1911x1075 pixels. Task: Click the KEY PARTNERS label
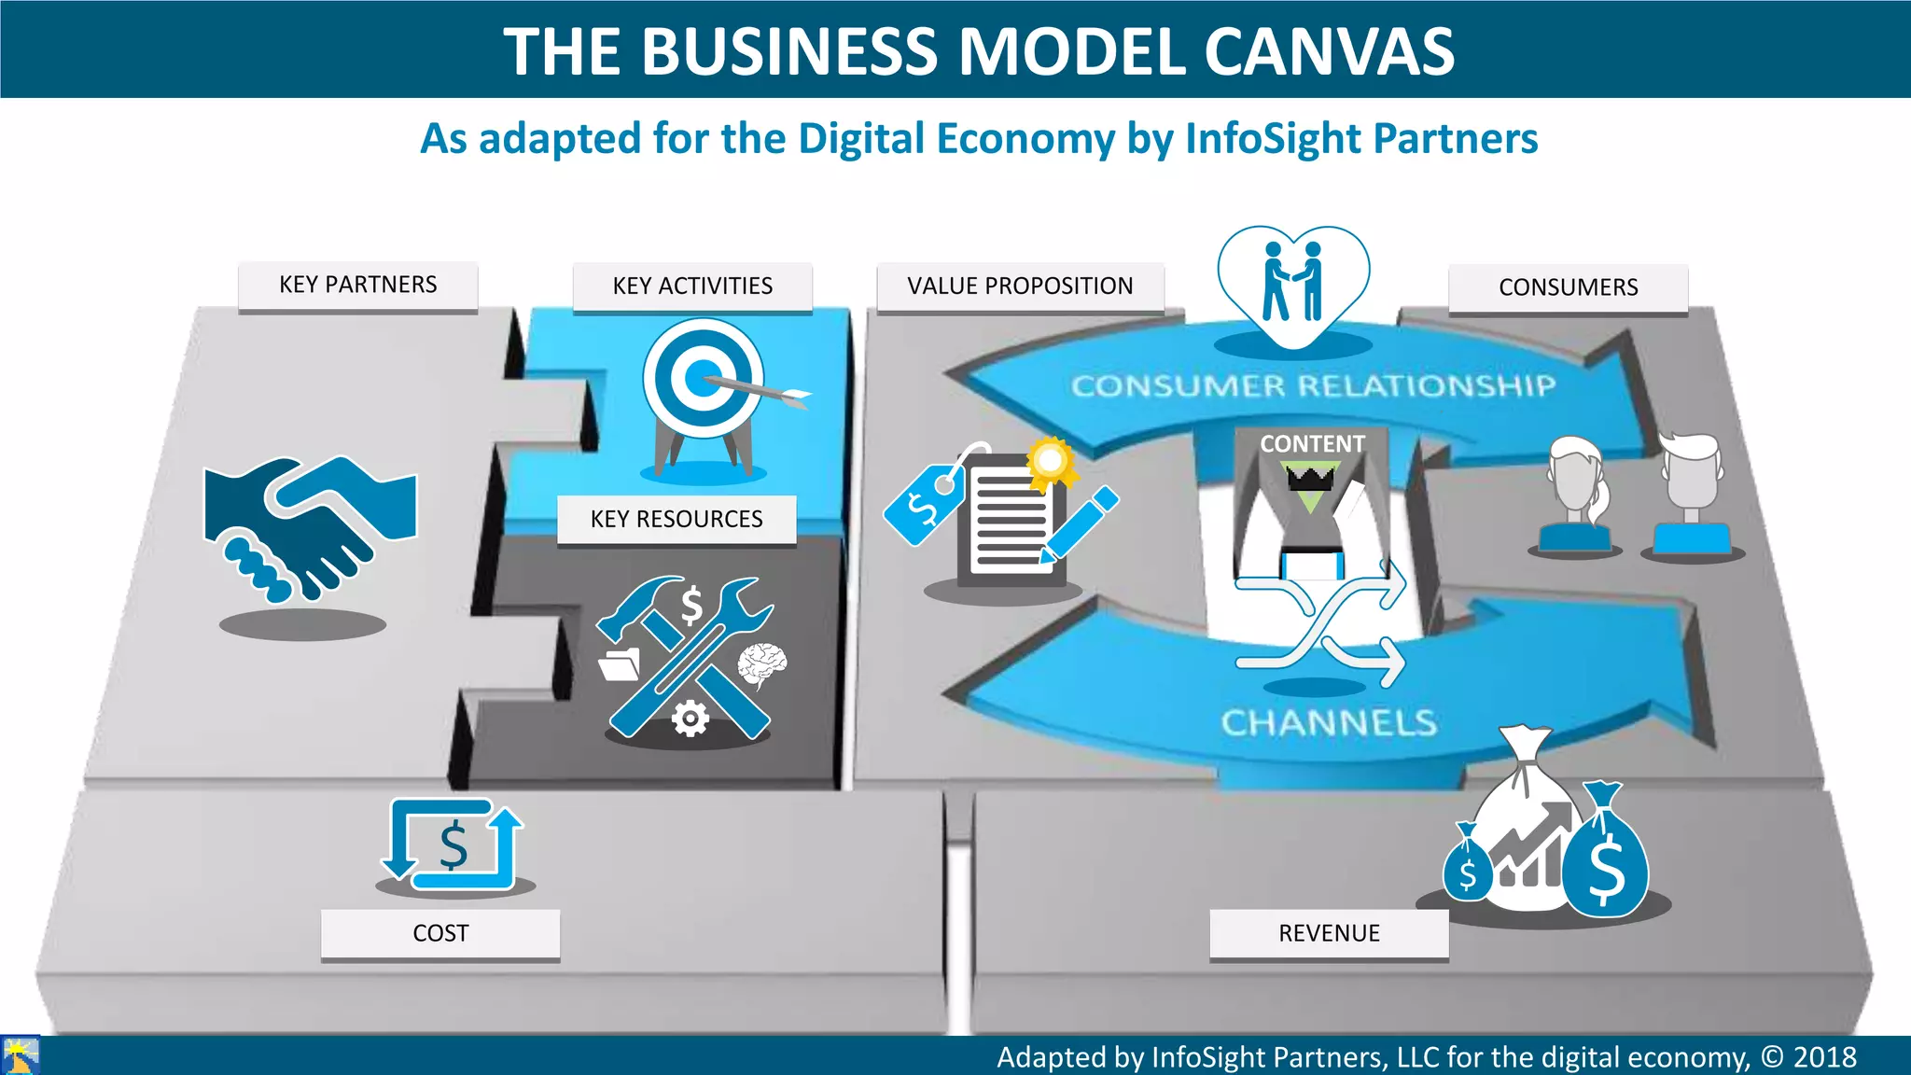tap(357, 286)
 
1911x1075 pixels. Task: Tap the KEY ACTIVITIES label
tap(692, 286)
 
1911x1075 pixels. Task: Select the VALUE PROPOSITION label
tap(1020, 286)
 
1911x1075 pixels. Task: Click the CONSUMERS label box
tap(1568, 288)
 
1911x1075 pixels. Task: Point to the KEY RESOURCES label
tap(677, 519)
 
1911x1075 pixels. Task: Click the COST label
tap(440, 933)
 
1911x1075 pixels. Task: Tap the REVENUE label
tap(1329, 933)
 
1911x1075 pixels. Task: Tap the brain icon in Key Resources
tap(762, 664)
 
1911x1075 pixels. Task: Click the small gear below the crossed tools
tap(690, 719)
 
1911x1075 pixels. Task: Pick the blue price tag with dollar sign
tap(924, 504)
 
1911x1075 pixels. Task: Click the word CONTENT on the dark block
tap(1312, 444)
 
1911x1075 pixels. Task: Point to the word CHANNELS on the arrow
tap(1329, 722)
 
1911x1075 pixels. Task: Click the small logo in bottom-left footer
tap(20, 1055)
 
